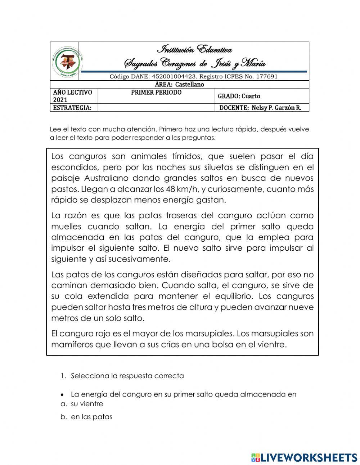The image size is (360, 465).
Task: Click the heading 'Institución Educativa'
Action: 195,49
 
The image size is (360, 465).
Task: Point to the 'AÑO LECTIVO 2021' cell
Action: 73,96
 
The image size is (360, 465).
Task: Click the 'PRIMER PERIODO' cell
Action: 156,93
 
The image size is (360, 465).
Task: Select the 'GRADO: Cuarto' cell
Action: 239,96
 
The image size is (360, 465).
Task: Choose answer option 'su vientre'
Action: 87,404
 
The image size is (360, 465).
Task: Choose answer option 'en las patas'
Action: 92,417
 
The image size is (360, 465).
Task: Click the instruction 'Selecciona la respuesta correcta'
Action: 127,376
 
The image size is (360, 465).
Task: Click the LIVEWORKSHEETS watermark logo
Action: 304,457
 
